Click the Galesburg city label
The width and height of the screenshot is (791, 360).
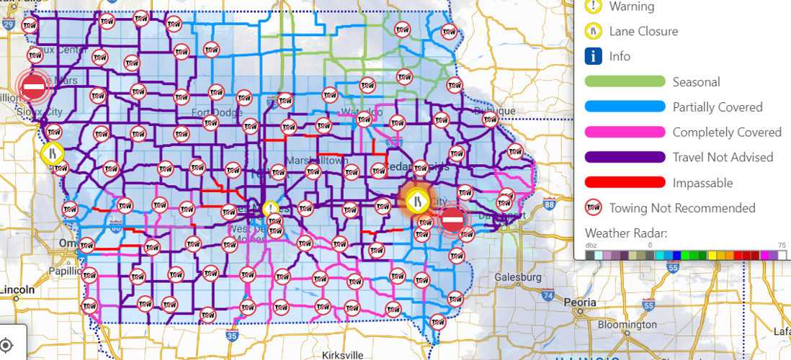(519, 277)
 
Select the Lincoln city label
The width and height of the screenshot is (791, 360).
(18, 289)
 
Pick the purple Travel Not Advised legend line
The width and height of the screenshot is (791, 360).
(625, 158)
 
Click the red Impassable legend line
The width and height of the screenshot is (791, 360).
(625, 183)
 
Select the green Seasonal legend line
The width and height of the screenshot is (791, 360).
(625, 82)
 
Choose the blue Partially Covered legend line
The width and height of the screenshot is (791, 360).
(625, 107)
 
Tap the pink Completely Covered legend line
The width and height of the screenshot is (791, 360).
(625, 132)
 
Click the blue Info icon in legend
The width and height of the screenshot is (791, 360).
(593, 56)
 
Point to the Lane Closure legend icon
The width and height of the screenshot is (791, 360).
(593, 31)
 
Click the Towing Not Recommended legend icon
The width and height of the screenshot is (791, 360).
(593, 208)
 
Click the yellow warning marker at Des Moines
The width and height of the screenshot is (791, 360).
(270, 209)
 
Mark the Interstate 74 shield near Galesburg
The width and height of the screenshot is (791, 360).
(549, 294)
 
